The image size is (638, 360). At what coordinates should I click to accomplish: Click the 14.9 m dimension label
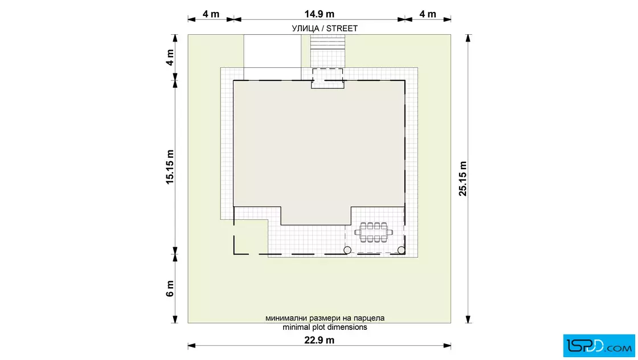point(320,14)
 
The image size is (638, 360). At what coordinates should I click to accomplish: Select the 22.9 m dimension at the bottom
point(320,340)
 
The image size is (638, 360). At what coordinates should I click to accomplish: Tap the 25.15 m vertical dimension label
point(463,179)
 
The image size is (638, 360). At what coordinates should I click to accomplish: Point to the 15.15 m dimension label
point(170,167)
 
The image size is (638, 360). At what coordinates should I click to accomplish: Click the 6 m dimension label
point(170,288)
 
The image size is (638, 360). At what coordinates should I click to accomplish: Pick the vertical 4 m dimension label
point(170,58)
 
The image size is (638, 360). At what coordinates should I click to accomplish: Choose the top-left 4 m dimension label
point(211,14)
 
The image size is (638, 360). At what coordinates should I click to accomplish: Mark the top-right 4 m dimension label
point(428,14)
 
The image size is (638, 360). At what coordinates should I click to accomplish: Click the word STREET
point(342,28)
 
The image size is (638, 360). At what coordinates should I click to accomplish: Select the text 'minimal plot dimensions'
point(325,327)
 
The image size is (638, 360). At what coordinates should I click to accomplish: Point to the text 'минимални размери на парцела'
point(325,318)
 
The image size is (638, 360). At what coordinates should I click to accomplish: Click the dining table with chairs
point(374,232)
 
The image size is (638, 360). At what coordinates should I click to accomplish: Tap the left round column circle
point(347,250)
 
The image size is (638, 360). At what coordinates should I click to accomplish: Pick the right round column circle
point(401,250)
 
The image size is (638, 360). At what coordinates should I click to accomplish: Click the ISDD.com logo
point(599,346)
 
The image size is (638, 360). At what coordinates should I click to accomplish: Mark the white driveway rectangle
point(272,57)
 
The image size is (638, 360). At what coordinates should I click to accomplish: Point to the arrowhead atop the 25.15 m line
point(468,38)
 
